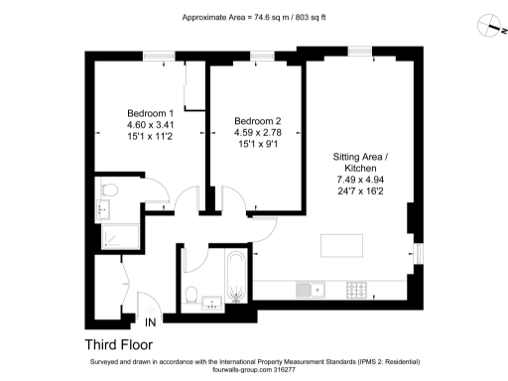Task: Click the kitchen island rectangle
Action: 340,243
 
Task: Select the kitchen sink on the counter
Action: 311,290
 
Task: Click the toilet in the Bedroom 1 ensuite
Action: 109,189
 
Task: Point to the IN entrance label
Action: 151,322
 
